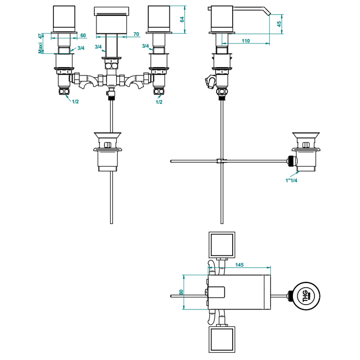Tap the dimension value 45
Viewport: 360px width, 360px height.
coord(279,25)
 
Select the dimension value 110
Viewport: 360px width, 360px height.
coord(245,41)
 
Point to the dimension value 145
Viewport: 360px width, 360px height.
coord(239,265)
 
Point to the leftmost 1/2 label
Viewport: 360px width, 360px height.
coord(75,101)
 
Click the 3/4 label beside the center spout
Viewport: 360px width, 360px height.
coord(98,47)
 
